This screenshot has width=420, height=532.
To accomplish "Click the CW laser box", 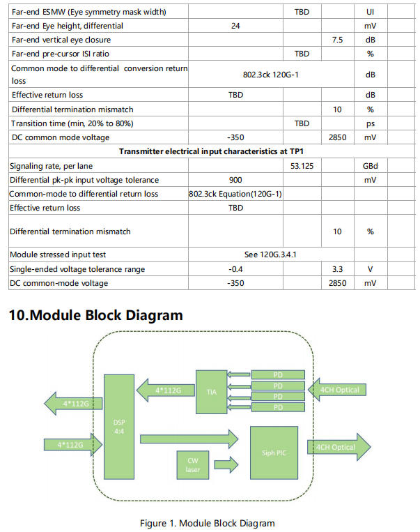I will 193,464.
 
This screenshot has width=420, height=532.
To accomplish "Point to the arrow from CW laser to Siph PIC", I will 226,464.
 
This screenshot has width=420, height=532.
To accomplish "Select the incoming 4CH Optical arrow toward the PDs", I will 339,390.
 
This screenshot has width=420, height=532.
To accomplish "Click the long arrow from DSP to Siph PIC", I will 189,439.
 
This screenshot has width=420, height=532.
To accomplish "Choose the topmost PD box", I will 278,375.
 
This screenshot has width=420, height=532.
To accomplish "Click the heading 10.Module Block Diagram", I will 95,315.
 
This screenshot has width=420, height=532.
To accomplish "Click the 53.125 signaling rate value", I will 302,166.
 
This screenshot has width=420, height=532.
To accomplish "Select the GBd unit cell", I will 370,166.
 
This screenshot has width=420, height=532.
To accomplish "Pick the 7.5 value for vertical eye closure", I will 337,40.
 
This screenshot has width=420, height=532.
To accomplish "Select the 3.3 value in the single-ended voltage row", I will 337,269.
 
